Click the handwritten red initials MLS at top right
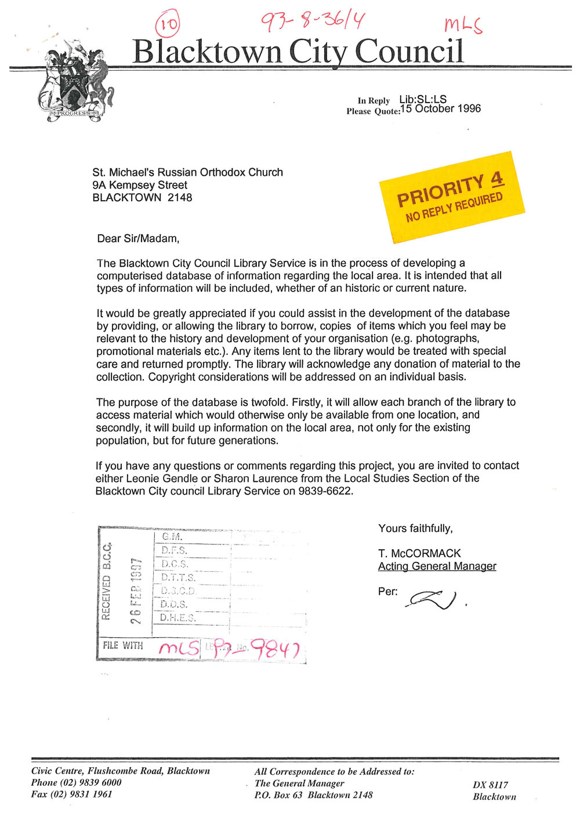463,25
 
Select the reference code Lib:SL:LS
423,100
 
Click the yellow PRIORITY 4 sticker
452,198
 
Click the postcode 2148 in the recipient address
180,198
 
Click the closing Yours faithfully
415,528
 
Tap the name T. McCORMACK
419,553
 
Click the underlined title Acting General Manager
437,567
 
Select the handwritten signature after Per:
433,598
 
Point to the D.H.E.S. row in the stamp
178,618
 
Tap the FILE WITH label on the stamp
123,645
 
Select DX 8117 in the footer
490,785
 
